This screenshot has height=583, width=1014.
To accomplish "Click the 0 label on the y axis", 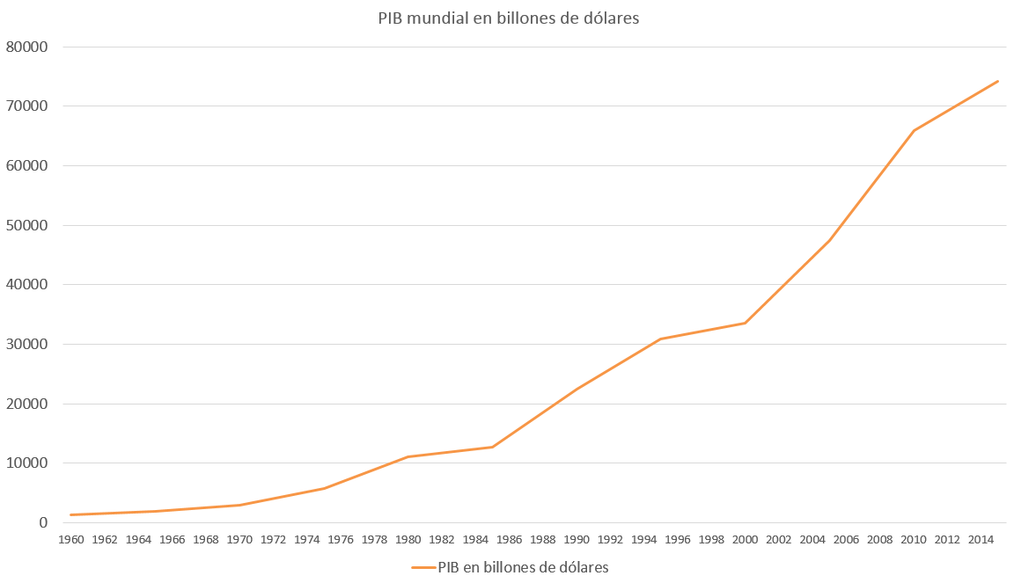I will (43, 523).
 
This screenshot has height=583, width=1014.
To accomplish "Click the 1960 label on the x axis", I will (71, 539).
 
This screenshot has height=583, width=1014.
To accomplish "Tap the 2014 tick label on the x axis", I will (981, 539).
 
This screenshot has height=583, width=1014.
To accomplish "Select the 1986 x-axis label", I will (510, 539).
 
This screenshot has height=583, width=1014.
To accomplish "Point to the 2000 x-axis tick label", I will (746, 539).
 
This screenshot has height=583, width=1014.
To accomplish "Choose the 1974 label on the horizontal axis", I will (307, 539).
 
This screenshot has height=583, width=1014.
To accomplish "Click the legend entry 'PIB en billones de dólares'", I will (523, 567).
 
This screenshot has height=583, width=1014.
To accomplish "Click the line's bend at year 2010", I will (914, 130).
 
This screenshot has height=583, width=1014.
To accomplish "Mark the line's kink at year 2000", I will (746, 323).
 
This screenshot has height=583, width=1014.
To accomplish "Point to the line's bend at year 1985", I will (493, 447).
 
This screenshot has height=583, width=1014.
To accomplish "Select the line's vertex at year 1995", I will (661, 339).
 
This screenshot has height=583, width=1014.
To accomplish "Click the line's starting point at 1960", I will (71, 514).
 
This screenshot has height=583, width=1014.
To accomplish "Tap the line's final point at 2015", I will (997, 82).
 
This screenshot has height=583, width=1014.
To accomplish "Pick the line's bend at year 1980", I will (408, 456).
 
